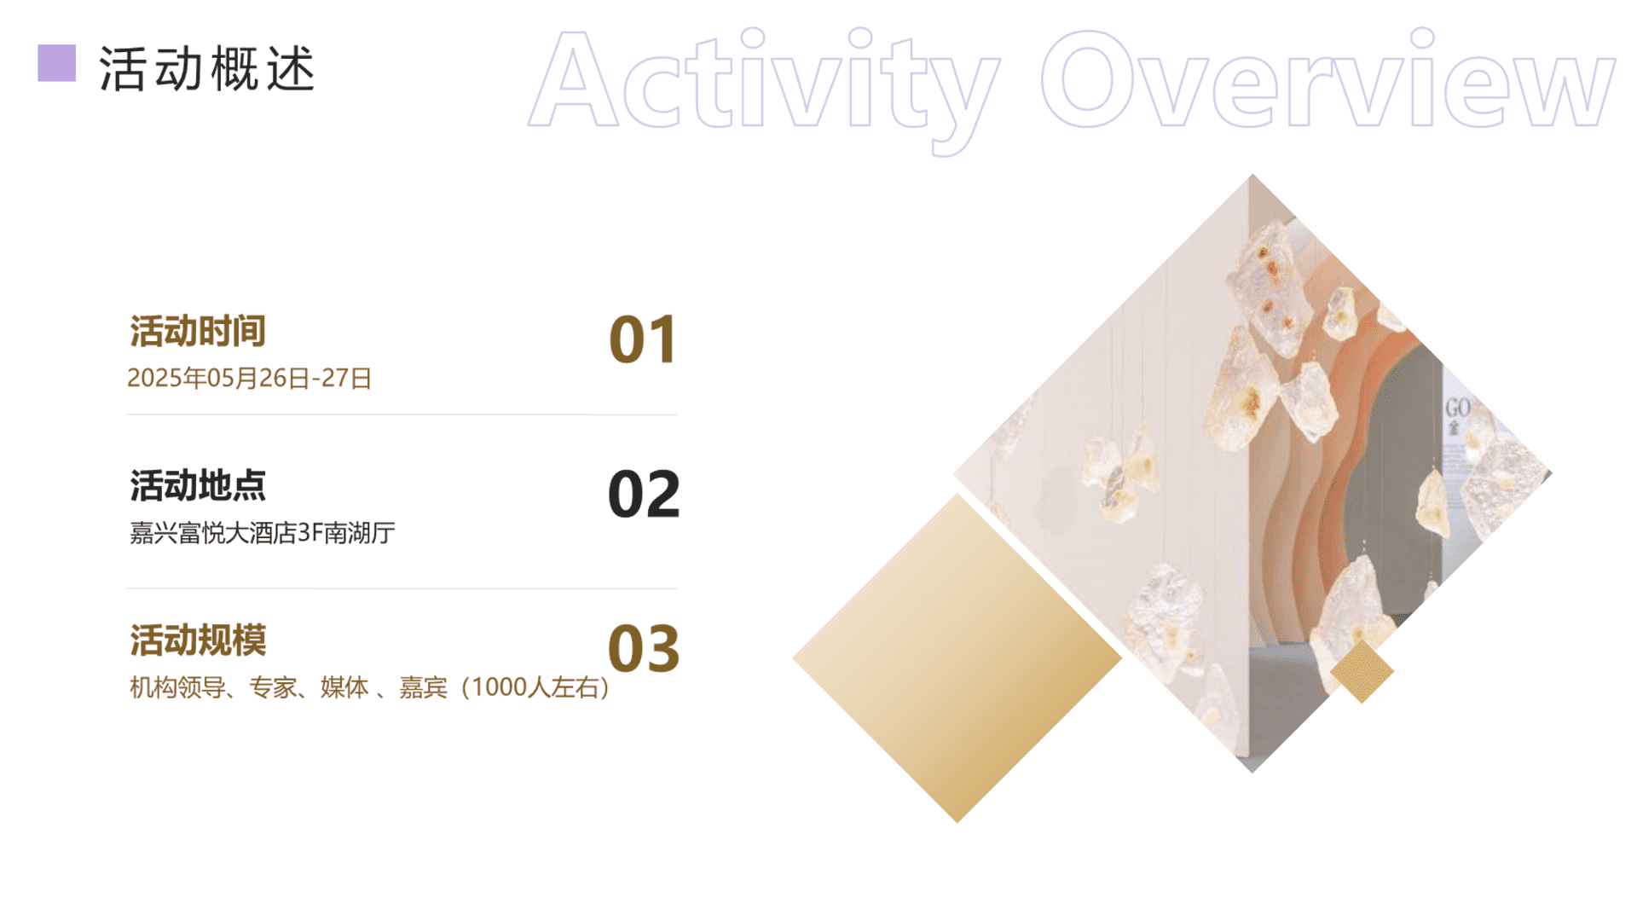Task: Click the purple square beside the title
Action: (57, 63)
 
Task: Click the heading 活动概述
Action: (207, 68)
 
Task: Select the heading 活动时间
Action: (198, 331)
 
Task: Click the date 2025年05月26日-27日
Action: (250, 378)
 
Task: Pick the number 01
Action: (644, 339)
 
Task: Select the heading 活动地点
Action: (198, 485)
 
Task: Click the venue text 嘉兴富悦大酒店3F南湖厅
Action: (263, 533)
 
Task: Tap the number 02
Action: (644, 494)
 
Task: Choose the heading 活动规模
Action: (198, 640)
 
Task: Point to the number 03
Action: (644, 648)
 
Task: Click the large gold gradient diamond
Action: (957, 657)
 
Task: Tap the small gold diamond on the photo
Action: (1362, 672)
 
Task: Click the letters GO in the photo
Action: (1457, 408)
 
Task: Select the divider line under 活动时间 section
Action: (402, 414)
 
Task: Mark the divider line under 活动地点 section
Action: (402, 588)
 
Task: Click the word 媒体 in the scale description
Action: (344, 687)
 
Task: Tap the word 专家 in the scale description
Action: (273, 687)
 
